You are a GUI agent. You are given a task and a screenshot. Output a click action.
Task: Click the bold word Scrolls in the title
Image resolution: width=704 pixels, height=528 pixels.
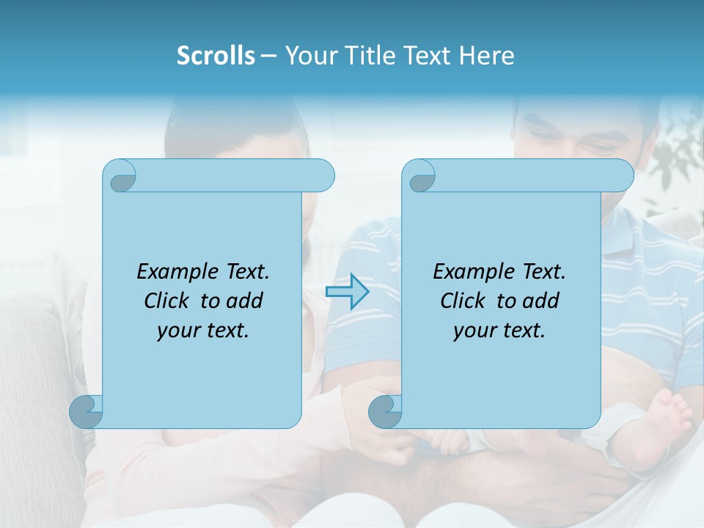(216, 56)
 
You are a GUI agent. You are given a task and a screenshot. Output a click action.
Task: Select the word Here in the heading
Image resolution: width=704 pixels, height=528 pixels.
(486, 56)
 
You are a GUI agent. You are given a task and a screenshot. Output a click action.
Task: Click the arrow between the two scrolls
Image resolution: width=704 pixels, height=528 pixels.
(347, 292)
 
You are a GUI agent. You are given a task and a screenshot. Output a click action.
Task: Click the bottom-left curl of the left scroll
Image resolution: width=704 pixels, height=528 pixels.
(87, 411)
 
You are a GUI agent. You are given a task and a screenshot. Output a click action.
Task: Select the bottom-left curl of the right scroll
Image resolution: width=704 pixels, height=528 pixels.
(386, 411)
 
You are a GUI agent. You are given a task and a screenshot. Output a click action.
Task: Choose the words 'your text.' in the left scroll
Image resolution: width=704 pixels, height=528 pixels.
(203, 330)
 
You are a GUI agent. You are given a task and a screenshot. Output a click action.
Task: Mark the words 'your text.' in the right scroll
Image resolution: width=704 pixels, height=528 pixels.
(499, 330)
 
